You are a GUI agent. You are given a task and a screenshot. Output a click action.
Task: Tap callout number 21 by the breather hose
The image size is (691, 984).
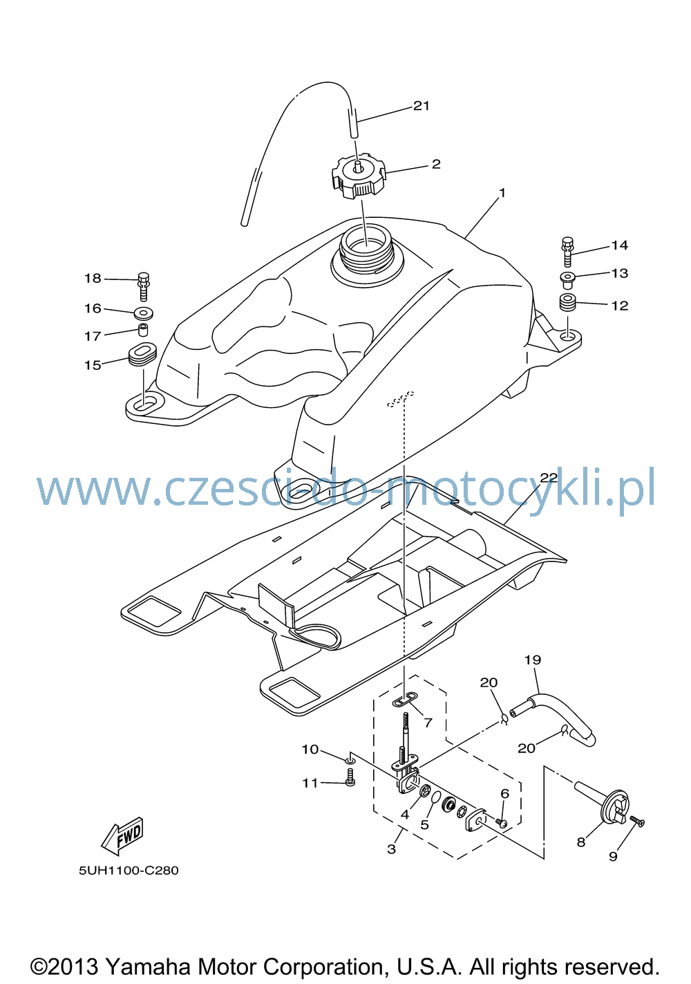421,106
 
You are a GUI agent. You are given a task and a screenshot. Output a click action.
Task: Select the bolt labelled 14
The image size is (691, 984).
567,252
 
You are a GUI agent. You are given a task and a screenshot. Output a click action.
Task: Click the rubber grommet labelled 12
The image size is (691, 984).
567,303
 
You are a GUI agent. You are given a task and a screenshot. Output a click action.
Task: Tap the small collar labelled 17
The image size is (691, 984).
142,329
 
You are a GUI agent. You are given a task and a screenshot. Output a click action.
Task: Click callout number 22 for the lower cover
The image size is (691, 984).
549,478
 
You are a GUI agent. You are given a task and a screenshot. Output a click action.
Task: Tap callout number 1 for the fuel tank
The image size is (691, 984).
502,193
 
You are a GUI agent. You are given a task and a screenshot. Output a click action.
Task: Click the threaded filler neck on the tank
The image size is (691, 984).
366,249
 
